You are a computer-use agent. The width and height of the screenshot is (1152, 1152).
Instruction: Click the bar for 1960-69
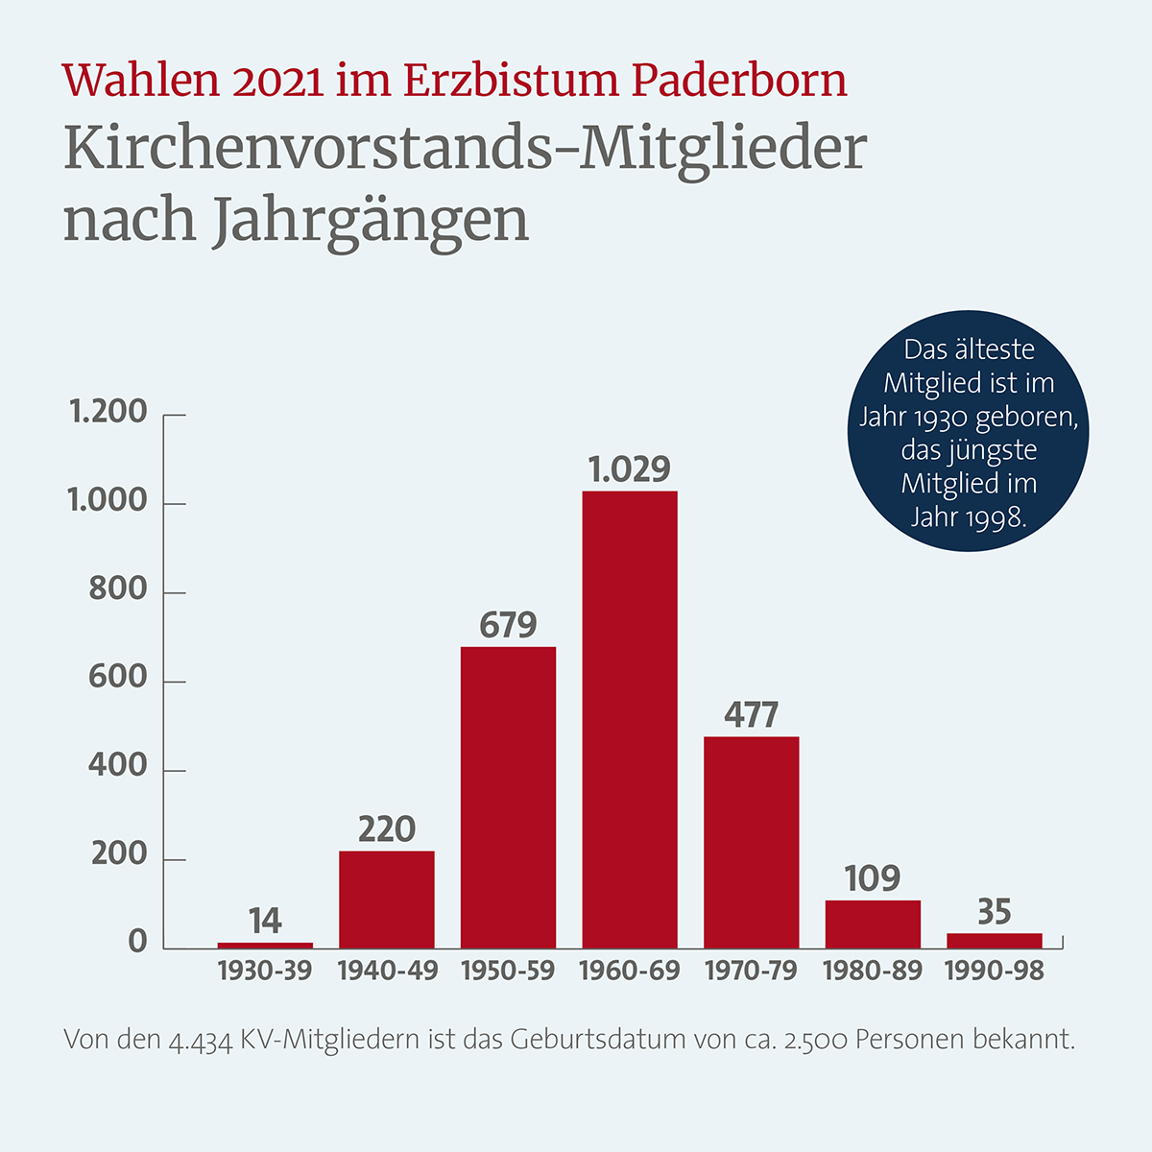coord(630,720)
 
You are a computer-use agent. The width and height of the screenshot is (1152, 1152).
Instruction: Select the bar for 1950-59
coord(508,798)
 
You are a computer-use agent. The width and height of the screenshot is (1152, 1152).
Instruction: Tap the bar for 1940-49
coord(386,900)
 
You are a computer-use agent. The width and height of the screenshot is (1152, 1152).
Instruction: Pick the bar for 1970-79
coord(751,843)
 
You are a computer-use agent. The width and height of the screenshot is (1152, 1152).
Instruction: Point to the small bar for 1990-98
coord(994,941)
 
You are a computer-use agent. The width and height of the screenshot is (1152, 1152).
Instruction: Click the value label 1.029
coord(630,469)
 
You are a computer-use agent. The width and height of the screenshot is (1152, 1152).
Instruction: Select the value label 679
coord(508,626)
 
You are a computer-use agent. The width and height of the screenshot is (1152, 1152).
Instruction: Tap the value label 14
coord(265,922)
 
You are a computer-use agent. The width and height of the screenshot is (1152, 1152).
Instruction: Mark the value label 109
coord(872,878)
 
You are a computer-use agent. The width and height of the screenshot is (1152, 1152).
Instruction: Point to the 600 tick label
coord(118,678)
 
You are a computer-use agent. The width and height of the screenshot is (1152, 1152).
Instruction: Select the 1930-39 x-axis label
coord(265,972)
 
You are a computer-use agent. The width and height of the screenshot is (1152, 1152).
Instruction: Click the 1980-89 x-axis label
coord(872,972)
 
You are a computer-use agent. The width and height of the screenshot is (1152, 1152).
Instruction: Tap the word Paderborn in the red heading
coord(739,81)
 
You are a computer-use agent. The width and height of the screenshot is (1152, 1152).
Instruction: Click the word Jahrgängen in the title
coord(370,221)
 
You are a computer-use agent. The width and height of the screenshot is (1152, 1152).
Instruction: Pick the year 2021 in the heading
coord(276,82)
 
